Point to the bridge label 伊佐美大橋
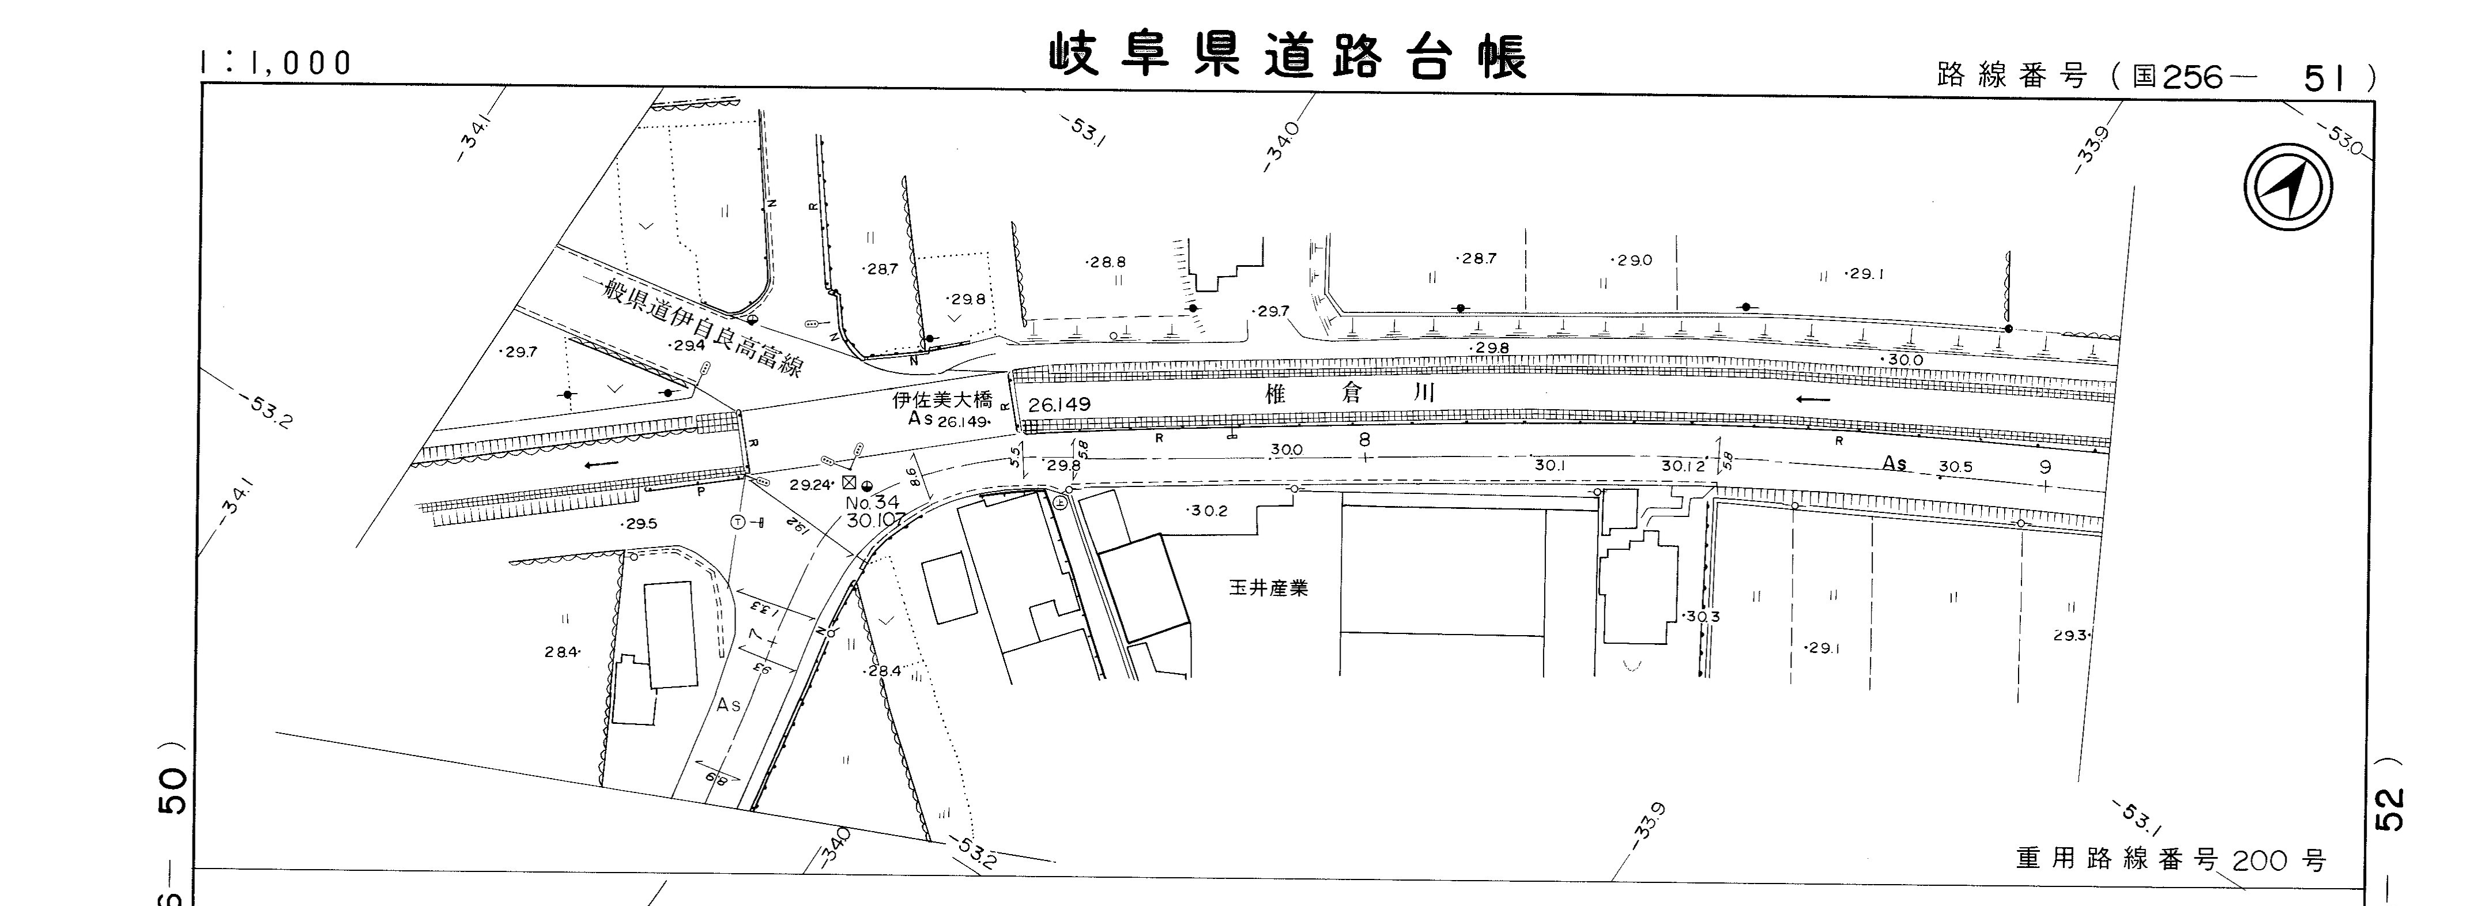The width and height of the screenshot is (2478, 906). coord(942,400)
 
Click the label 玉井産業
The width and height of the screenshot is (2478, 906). coord(1268,588)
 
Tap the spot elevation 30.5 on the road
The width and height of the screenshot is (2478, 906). coord(1955,466)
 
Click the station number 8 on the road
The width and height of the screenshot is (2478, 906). coord(1363,440)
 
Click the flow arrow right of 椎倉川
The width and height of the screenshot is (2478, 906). coord(1813,398)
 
